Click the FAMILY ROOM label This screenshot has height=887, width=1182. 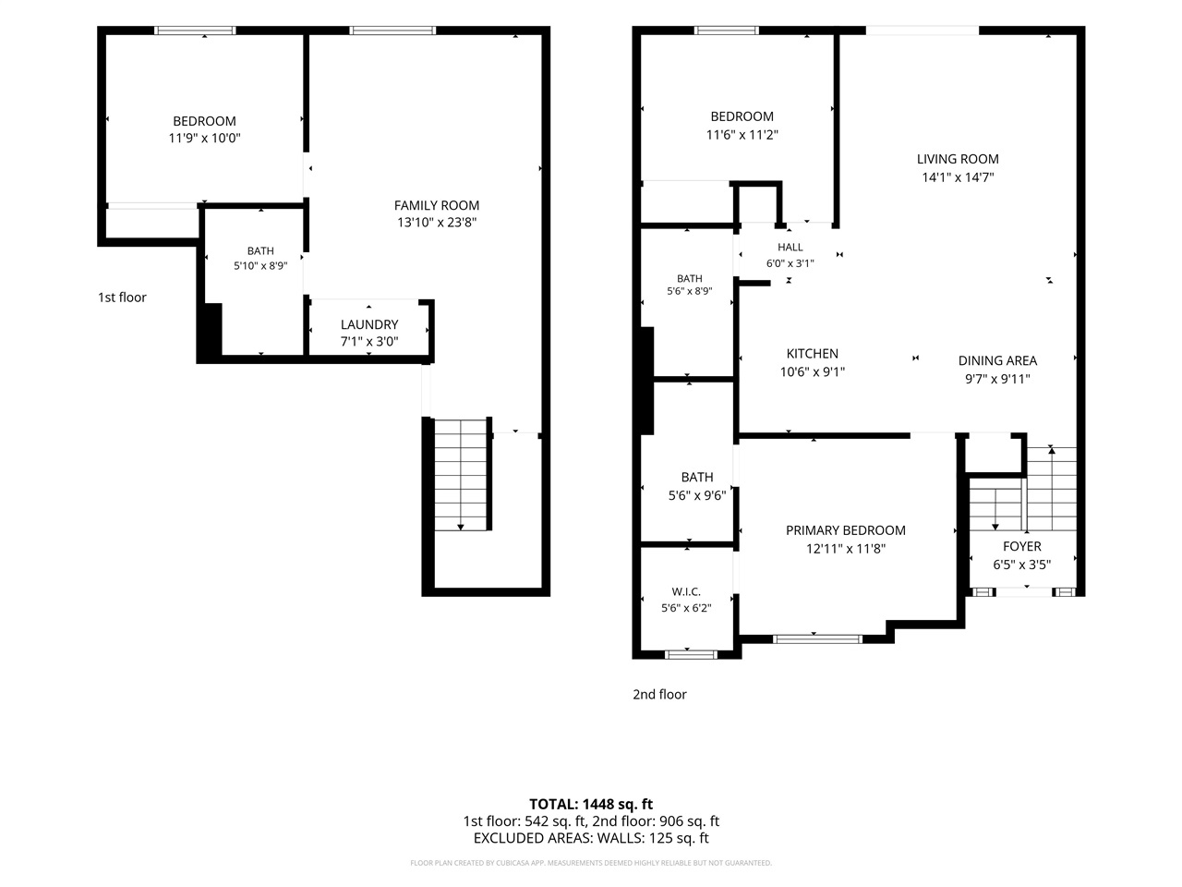(x=436, y=205)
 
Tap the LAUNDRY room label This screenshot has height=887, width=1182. (x=368, y=324)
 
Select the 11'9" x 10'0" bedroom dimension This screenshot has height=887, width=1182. (x=204, y=138)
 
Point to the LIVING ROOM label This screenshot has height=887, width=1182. (x=958, y=159)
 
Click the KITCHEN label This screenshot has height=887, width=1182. (x=812, y=353)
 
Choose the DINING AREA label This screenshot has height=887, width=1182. (x=997, y=360)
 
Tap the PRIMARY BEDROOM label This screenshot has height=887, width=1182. (x=846, y=530)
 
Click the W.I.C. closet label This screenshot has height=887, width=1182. (x=686, y=591)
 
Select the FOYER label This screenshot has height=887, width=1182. (x=1021, y=546)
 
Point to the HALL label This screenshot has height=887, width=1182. (x=790, y=248)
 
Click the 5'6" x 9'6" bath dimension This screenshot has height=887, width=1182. (x=697, y=495)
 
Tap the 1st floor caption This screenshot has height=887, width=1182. (x=122, y=298)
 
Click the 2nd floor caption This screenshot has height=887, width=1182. (x=659, y=694)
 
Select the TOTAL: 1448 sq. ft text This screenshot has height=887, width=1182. (x=591, y=804)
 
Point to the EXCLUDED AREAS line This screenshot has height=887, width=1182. (x=591, y=838)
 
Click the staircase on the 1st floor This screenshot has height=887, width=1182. (x=461, y=475)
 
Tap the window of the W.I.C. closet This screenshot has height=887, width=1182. (x=691, y=654)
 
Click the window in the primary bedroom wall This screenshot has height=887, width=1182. (x=817, y=639)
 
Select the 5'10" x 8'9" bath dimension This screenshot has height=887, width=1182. (x=260, y=265)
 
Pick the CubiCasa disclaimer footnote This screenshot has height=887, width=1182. (x=591, y=863)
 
